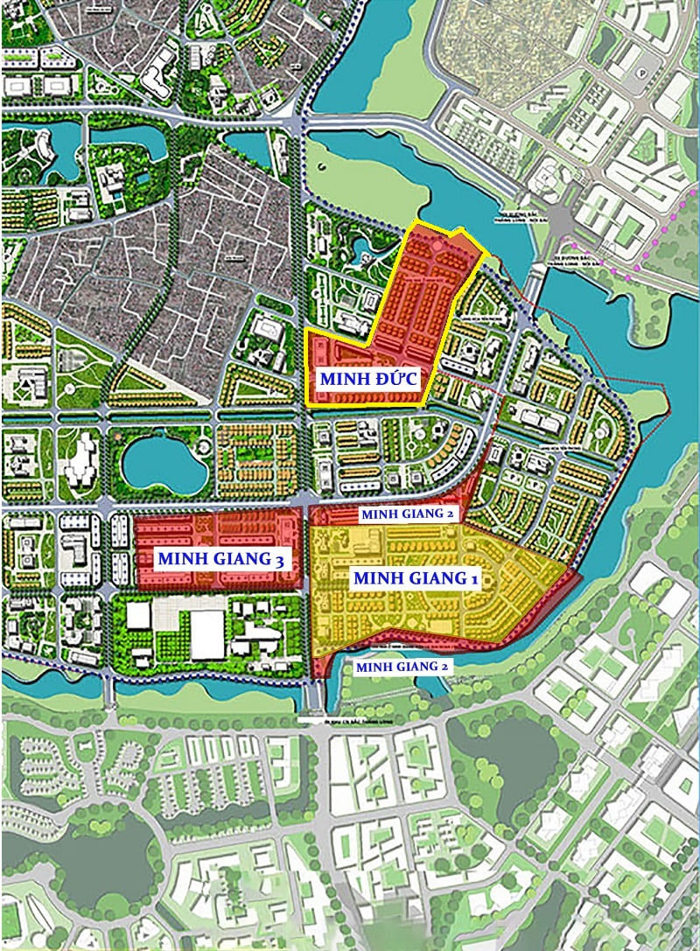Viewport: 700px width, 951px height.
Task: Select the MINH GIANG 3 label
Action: click(220, 557)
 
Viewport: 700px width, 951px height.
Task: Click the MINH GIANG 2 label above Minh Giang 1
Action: click(408, 514)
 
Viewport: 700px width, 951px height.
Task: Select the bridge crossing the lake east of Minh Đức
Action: click(535, 280)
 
